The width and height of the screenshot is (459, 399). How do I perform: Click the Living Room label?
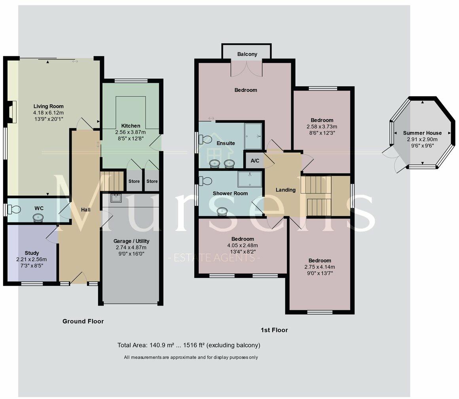pos(48,106)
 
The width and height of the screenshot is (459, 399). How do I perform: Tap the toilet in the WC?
pos(14,209)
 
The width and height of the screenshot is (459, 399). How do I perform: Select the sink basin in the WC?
pos(38,217)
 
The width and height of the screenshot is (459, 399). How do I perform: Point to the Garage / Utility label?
pos(131,241)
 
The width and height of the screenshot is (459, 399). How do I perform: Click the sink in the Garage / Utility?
pos(116,198)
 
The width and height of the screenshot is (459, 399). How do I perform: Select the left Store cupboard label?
pos(134,181)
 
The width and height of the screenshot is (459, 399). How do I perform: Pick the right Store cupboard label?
pos(152,181)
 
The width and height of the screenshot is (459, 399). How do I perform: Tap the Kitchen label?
pos(131,125)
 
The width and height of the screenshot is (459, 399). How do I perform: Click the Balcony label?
pos(247,54)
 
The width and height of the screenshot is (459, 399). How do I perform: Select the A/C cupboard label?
pos(255,161)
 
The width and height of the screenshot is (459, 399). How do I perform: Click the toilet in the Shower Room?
pos(205,181)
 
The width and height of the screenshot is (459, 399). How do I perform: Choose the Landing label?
pos(285,190)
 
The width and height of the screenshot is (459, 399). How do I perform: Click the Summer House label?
pos(422,133)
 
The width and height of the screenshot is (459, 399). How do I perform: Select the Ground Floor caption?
pos(83,321)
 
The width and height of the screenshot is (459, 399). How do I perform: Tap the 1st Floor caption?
pos(274,330)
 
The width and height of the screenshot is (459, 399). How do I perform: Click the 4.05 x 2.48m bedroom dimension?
pos(243,245)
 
